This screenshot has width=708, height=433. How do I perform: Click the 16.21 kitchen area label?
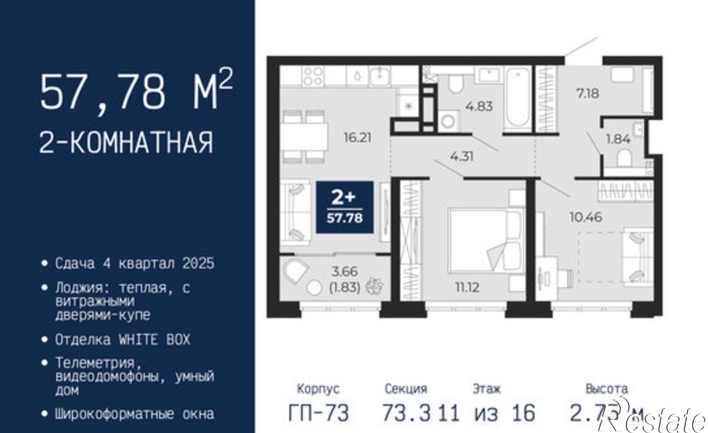(x=358, y=137)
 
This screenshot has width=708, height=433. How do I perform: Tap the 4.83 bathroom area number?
(x=479, y=106)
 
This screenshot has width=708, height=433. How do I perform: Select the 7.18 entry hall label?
(x=588, y=93)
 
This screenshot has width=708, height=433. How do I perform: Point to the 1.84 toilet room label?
(x=618, y=139)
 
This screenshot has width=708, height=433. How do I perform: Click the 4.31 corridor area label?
(x=462, y=156)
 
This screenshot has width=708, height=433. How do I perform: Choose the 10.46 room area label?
(x=586, y=217)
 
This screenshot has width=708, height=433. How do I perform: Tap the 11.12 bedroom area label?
(x=467, y=287)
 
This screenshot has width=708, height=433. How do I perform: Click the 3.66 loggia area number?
(x=345, y=272)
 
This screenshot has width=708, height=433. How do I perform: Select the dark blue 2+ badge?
(x=344, y=207)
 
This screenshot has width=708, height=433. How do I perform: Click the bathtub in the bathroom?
(x=518, y=97)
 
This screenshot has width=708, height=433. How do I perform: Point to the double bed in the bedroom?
(x=485, y=241)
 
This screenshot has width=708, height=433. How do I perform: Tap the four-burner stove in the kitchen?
(x=313, y=76)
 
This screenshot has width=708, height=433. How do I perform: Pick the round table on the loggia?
(x=314, y=288)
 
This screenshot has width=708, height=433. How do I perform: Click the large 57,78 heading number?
(x=103, y=92)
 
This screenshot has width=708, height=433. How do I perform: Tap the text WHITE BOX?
(x=154, y=340)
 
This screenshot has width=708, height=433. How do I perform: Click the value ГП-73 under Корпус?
(x=319, y=413)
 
